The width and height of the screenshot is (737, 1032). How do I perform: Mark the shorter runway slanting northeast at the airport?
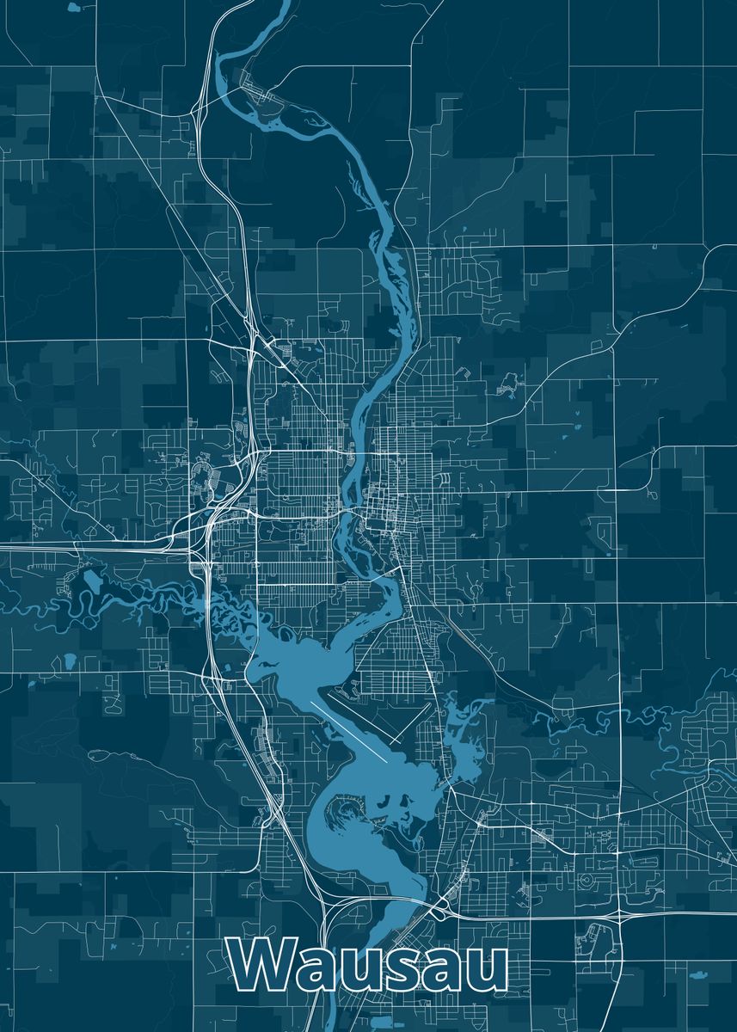[x=411, y=722]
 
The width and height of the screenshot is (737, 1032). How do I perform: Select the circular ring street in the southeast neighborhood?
[x=587, y=880]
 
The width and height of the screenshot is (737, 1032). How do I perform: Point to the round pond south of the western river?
[x=69, y=660]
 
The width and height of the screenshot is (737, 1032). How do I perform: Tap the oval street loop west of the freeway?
[x=203, y=470]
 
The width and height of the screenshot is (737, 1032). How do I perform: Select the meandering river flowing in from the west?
[x=129, y=593]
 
